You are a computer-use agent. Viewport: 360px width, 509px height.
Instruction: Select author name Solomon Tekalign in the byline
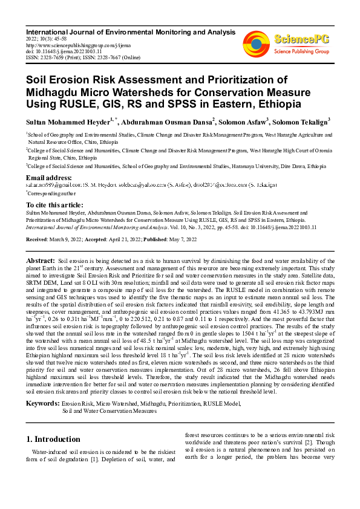coord(303,122)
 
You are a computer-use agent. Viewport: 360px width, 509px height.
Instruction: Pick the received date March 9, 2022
coord(68,239)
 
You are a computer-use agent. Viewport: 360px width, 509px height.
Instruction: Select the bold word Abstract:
coord(41,259)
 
